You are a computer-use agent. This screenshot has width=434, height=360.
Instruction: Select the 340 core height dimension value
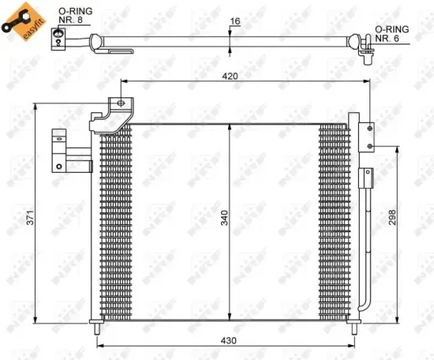pyautogui.click(x=224, y=223)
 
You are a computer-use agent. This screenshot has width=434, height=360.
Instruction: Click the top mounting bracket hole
pyautogui.click(x=118, y=103)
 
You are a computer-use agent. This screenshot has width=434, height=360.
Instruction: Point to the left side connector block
pyautogui.click(x=60, y=150)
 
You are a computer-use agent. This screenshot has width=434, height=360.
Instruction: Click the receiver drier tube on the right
pyautogui.click(x=365, y=237)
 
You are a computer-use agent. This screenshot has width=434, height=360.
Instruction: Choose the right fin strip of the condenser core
pyautogui.click(x=334, y=221)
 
